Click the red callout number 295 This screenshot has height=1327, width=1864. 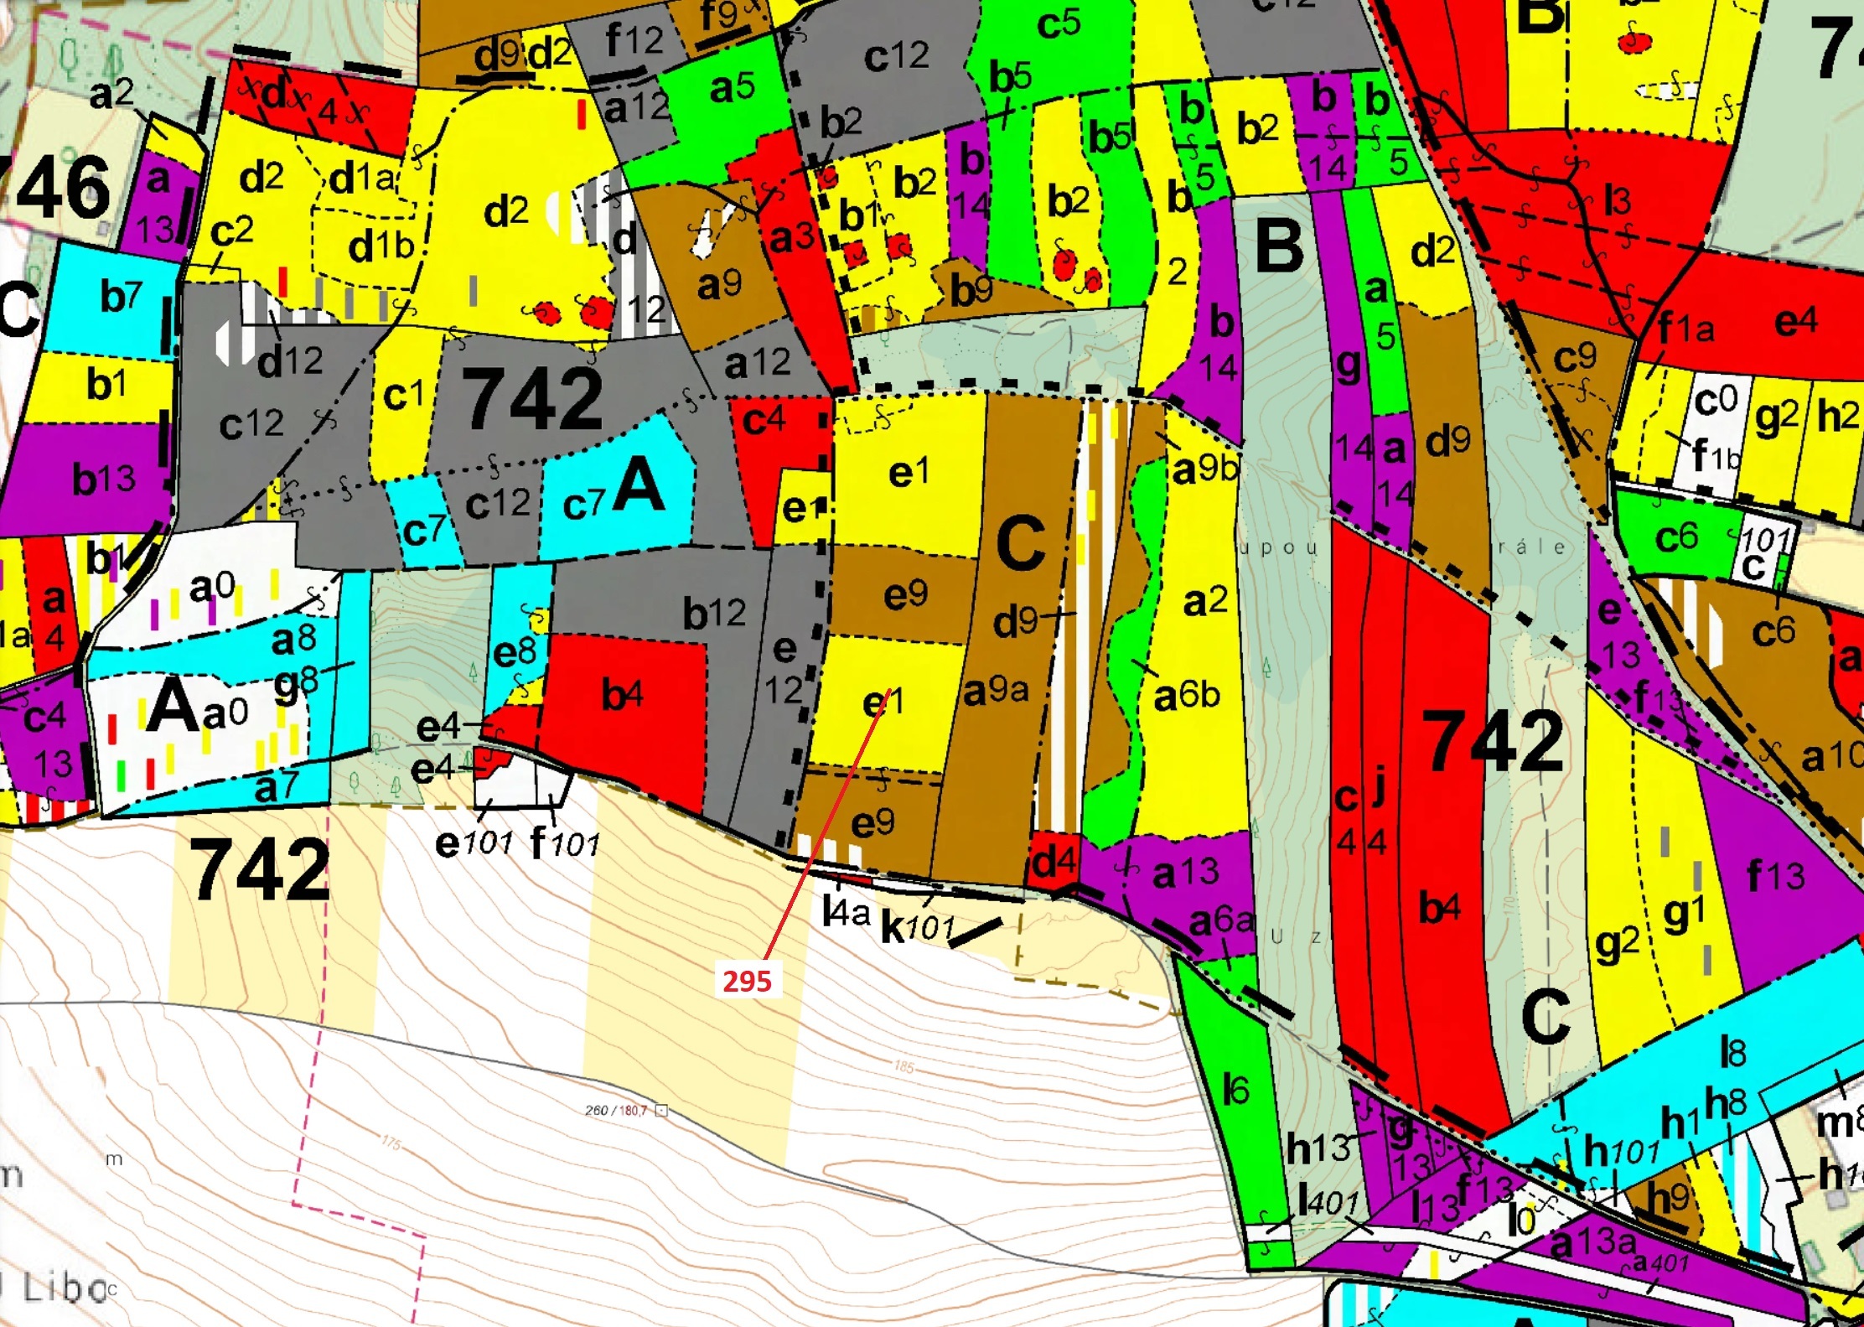click(x=747, y=981)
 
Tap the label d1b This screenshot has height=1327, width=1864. click(x=381, y=246)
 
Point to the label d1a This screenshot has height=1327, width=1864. click(x=361, y=178)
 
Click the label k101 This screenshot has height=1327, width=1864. click(x=918, y=927)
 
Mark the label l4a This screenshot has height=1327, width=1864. click(x=847, y=911)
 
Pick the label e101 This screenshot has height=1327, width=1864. click(x=474, y=842)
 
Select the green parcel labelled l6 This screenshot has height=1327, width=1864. click(x=1235, y=1090)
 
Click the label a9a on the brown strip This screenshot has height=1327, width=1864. click(x=996, y=691)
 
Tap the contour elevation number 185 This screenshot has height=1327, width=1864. click(x=904, y=1067)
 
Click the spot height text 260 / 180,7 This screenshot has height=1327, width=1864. click(x=616, y=1111)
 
